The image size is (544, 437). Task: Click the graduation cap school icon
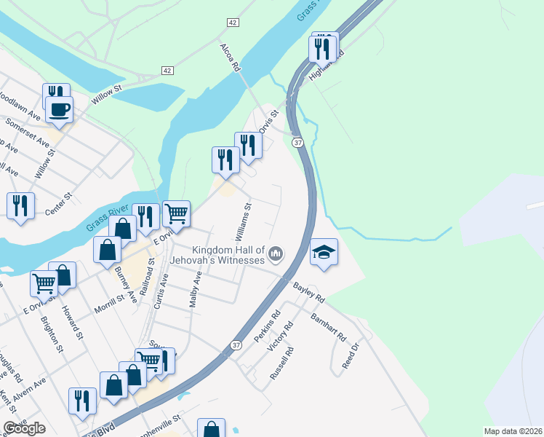click(x=324, y=252)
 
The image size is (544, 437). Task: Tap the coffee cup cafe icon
click(x=59, y=109)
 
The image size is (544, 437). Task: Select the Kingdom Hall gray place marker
click(x=276, y=253)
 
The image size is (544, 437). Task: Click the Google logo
click(x=24, y=428)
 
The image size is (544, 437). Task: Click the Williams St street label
click(x=243, y=222)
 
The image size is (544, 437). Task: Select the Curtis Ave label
click(x=161, y=291)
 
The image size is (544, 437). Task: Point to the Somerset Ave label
click(x=27, y=132)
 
